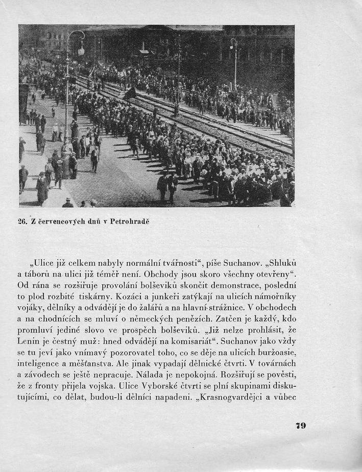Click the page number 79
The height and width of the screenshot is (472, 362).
[x=300, y=426]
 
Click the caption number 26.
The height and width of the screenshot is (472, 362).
[x=23, y=222]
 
